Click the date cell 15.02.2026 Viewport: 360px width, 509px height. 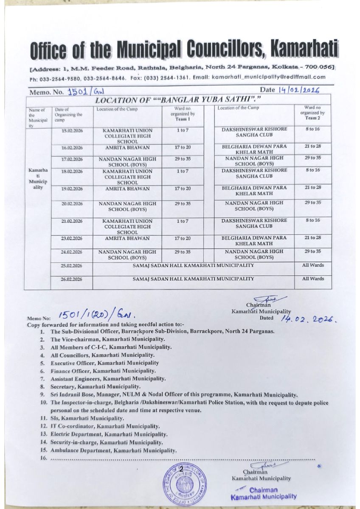[72, 131]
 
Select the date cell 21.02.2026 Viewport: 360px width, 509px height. [72, 221]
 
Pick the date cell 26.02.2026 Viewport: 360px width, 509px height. [72, 280]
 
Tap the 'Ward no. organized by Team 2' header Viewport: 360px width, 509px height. [312, 113]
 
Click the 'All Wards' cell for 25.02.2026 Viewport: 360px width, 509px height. [313, 266]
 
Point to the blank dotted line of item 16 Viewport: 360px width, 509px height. [183, 459]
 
